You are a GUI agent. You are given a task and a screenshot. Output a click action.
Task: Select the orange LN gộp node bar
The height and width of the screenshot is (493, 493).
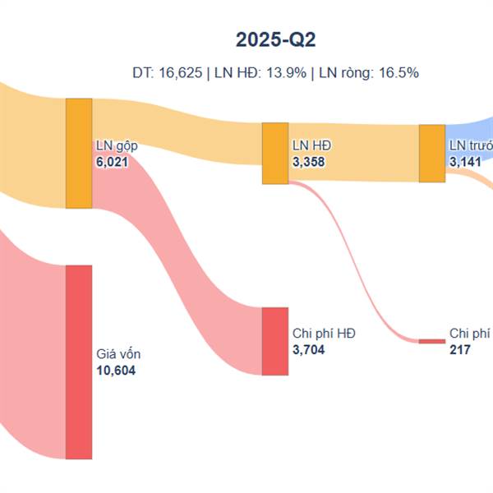79,153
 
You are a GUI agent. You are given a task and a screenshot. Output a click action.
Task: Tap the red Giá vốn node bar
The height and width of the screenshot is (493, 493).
79,362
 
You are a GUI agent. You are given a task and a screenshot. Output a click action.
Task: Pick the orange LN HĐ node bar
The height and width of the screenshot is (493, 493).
274,153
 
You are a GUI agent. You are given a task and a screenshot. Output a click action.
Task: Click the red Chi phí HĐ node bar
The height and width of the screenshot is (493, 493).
274,341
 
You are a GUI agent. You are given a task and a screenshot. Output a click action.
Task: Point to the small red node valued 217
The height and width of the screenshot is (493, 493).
431,340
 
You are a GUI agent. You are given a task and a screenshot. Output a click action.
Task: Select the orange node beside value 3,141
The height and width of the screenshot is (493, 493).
431,153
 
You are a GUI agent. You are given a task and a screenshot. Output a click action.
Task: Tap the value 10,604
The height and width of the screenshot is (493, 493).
117,371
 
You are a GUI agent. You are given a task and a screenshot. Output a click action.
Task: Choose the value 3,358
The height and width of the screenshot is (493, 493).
309,162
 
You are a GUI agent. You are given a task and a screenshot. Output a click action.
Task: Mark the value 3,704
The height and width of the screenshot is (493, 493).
309,349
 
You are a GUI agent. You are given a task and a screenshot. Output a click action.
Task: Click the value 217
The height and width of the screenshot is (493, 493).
460,349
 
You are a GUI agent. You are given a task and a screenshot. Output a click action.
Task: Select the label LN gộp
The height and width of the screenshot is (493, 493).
117,146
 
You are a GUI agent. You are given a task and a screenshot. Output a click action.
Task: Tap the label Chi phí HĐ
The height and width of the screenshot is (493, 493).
323,334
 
